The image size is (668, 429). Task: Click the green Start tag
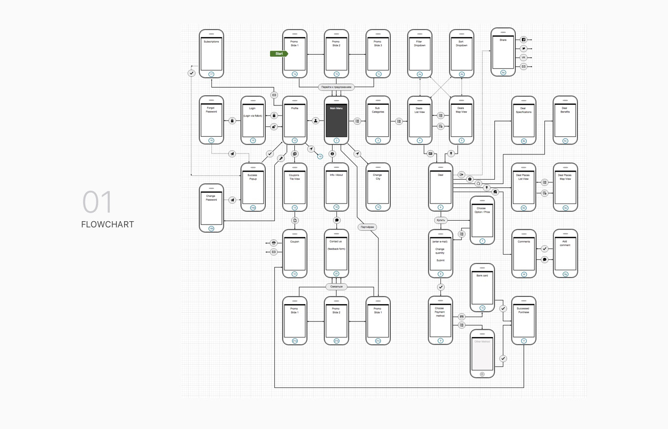coord(279,54)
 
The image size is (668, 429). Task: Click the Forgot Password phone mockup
coord(211,120)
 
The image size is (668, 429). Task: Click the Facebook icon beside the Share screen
coord(523,40)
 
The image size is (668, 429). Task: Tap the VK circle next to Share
coord(523,58)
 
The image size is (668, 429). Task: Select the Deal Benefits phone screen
coord(565,120)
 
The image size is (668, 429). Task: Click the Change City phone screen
coord(378,187)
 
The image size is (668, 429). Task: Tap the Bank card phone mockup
coord(482,287)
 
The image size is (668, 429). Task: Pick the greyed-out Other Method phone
coord(482,354)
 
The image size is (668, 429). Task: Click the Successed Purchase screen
coord(523,320)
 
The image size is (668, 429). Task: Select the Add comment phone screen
coord(565,253)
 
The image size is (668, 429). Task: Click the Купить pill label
coord(441,220)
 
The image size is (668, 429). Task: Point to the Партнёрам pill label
coord(367,227)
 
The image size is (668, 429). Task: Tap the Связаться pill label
coord(336,286)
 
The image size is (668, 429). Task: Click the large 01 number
coord(97,202)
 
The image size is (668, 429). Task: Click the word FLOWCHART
coord(107,225)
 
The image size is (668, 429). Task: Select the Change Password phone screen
coord(211,208)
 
